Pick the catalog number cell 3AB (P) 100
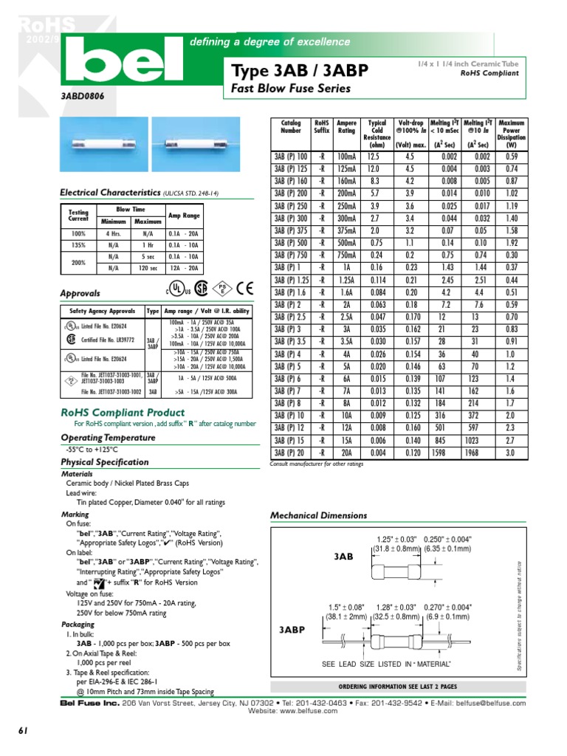290,157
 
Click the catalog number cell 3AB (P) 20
290,452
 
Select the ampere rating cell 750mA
346,255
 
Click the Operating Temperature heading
107,438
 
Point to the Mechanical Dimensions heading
319,515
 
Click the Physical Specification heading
104,462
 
